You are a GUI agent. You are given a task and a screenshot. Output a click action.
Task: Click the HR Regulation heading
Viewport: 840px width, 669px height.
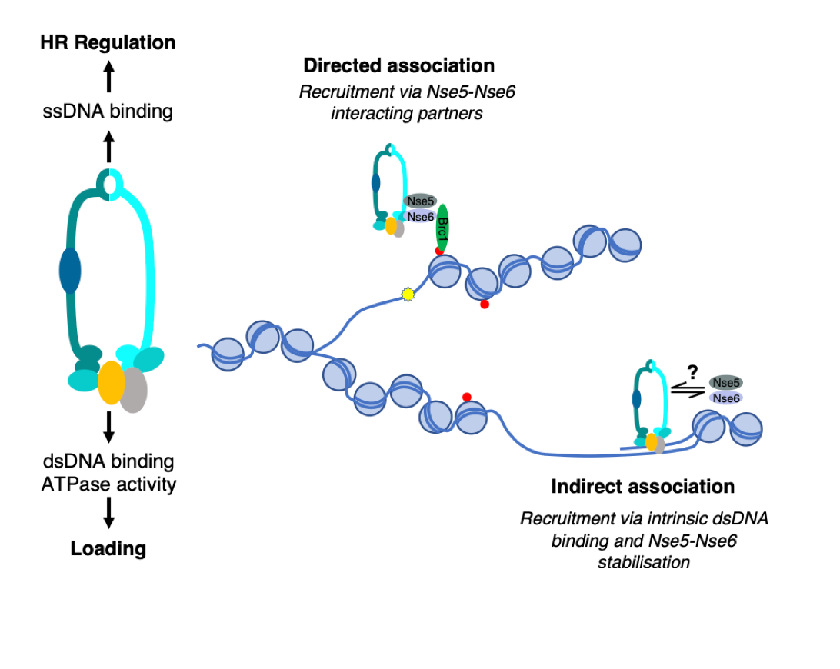tap(108, 43)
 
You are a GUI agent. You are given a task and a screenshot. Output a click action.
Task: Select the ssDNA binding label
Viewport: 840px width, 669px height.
tap(108, 112)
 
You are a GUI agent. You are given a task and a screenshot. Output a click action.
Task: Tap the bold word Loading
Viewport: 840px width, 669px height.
tap(108, 549)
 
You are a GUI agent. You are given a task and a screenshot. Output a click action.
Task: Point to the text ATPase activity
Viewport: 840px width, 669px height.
tap(108, 484)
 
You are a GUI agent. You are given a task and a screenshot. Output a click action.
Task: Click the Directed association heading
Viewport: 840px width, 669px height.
tap(398, 65)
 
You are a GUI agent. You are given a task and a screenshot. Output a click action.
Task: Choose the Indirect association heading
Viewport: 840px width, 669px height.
tap(642, 487)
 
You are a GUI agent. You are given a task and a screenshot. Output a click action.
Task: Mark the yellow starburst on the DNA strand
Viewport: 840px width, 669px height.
tap(408, 294)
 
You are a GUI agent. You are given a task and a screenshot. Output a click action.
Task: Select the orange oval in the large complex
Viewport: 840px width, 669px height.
tap(112, 382)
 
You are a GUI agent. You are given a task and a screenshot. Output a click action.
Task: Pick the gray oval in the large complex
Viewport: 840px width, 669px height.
tap(134, 389)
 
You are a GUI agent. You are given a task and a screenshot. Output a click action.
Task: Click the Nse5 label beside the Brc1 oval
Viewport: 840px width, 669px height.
tap(420, 201)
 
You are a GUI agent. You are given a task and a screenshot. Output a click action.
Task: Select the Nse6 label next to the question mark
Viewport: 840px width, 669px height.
tap(726, 398)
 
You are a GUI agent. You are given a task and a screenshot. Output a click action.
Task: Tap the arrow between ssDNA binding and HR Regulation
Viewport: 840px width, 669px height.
tap(108, 78)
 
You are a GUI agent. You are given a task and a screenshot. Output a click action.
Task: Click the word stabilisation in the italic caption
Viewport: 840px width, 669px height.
tap(642, 562)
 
